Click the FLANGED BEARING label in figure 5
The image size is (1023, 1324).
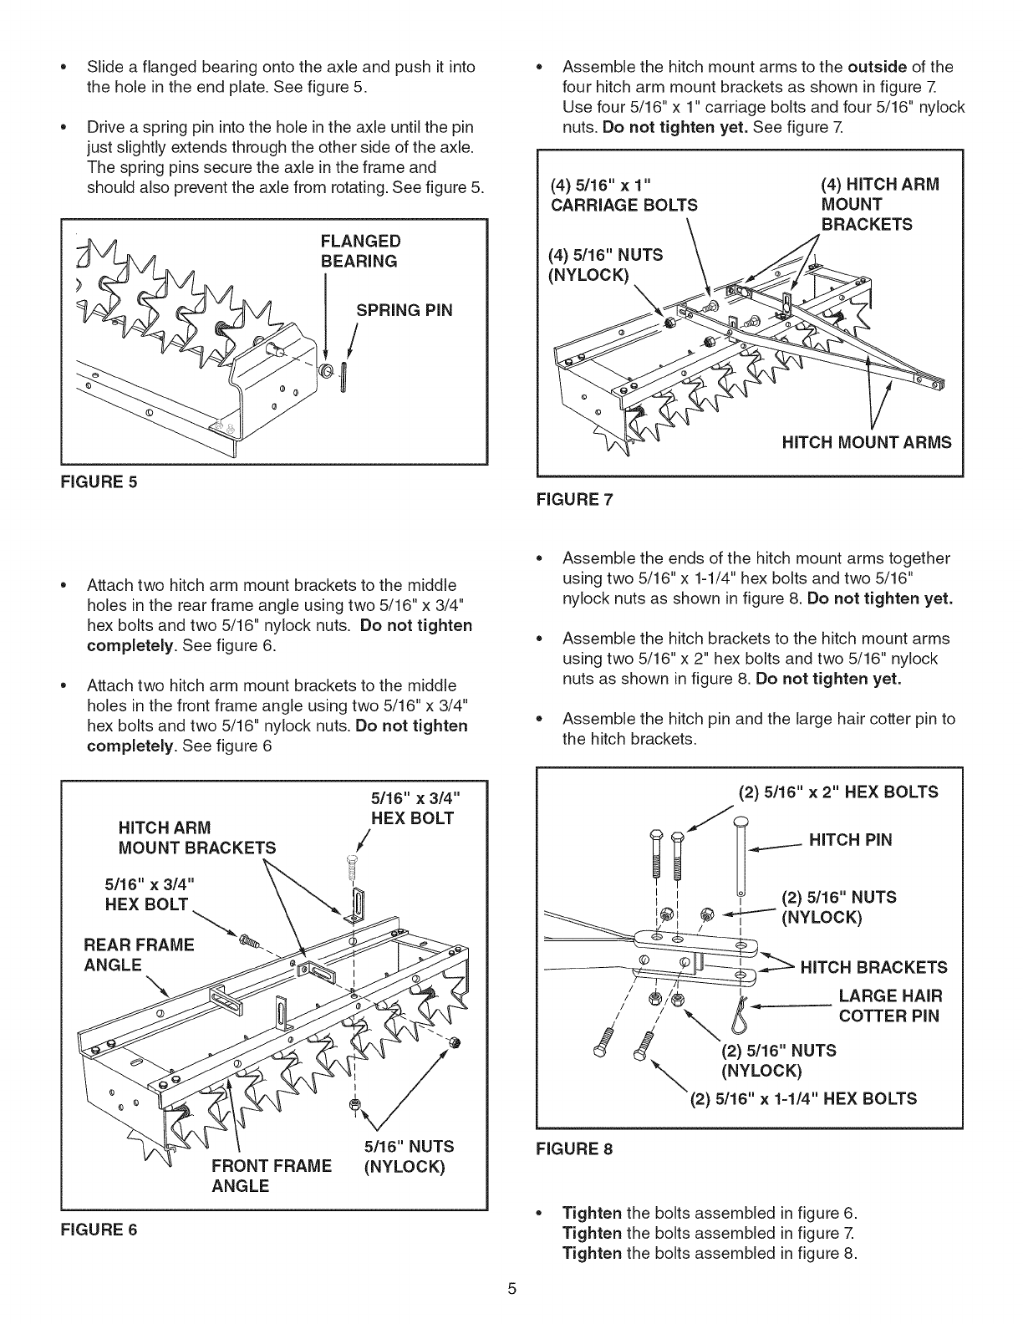pyautogui.click(x=360, y=251)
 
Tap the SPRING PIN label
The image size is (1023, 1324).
pyautogui.click(x=405, y=310)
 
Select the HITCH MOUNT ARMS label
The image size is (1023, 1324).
pyautogui.click(x=866, y=442)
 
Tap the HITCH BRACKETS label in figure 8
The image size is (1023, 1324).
pyautogui.click(x=873, y=967)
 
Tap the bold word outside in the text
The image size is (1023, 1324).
pyautogui.click(x=878, y=67)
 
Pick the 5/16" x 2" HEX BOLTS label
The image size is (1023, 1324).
pyautogui.click(x=838, y=792)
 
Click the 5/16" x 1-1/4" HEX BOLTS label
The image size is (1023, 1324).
pyautogui.click(x=803, y=1097)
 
